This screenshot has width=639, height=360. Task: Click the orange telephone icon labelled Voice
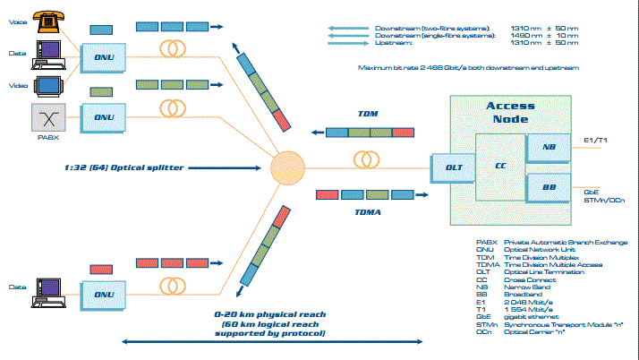tap(47, 18)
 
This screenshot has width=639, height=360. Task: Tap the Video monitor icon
tap(47, 86)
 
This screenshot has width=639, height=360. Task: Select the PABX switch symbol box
tap(47, 117)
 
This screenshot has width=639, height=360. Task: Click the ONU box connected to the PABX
tap(104, 117)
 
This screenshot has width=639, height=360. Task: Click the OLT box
tap(454, 167)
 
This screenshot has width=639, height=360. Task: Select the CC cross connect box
tap(500, 167)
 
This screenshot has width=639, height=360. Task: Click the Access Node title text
tap(510, 112)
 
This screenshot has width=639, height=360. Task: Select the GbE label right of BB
tap(591, 191)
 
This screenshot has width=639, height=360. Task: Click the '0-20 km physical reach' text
tap(269, 315)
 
